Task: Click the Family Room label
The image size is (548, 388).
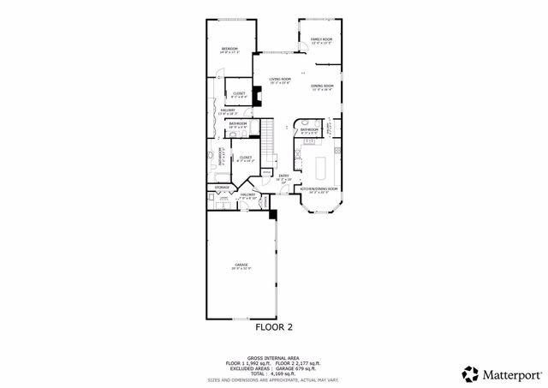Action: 321,39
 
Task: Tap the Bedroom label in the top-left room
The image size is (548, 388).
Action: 229,49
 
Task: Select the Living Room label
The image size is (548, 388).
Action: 281,81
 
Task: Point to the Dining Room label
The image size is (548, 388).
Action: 322,86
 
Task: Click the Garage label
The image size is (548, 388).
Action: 241,266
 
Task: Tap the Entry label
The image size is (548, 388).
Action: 283,176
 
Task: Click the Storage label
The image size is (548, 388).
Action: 221,186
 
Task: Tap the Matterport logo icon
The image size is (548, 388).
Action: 470,373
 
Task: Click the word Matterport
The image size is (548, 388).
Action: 509,373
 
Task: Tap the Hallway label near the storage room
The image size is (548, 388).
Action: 248,195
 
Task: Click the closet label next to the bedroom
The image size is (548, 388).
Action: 239,93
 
